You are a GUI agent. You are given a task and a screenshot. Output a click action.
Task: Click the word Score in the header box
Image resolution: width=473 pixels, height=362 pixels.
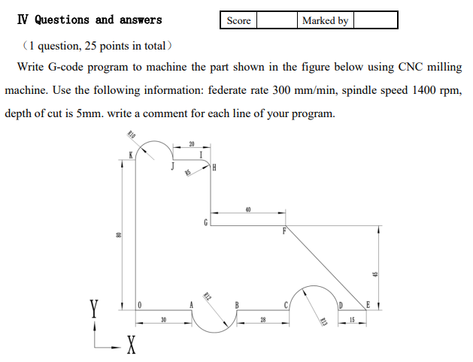click(238, 20)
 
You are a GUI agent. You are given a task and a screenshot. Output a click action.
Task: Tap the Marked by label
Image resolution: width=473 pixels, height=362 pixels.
click(325, 20)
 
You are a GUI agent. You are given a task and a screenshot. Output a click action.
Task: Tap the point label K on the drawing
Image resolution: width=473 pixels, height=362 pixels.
click(130, 155)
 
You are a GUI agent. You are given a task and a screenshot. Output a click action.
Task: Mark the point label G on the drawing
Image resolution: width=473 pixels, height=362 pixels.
click(205, 222)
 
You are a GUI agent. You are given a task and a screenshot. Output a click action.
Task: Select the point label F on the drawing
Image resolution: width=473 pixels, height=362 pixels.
click(284, 231)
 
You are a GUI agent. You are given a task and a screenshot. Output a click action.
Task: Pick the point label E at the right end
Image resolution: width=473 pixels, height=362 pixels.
click(368, 304)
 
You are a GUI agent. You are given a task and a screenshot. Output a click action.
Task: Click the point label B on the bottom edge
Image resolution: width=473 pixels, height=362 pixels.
click(238, 304)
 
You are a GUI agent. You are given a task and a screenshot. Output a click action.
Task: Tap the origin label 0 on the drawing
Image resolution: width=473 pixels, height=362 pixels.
click(140, 304)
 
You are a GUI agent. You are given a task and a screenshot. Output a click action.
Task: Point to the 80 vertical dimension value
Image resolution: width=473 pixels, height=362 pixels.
click(117, 234)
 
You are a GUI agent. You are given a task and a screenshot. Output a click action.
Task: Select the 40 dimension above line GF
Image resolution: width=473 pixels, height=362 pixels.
click(247, 210)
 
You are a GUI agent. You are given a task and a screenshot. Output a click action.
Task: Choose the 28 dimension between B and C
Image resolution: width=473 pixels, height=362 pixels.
click(262, 321)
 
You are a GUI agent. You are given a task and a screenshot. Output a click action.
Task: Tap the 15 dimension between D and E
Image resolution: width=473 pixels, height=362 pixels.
click(352, 321)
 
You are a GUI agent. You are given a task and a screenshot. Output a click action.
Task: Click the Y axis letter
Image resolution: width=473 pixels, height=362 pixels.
click(93, 309)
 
